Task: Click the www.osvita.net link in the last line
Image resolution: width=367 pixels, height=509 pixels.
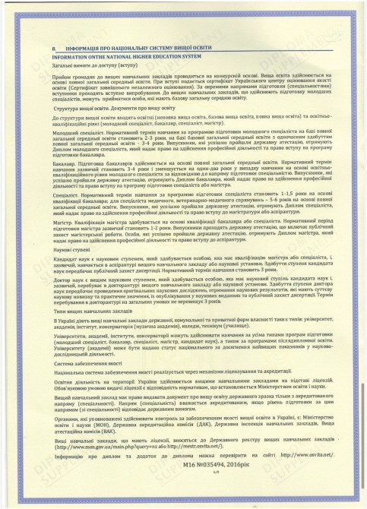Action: point(296,476)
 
